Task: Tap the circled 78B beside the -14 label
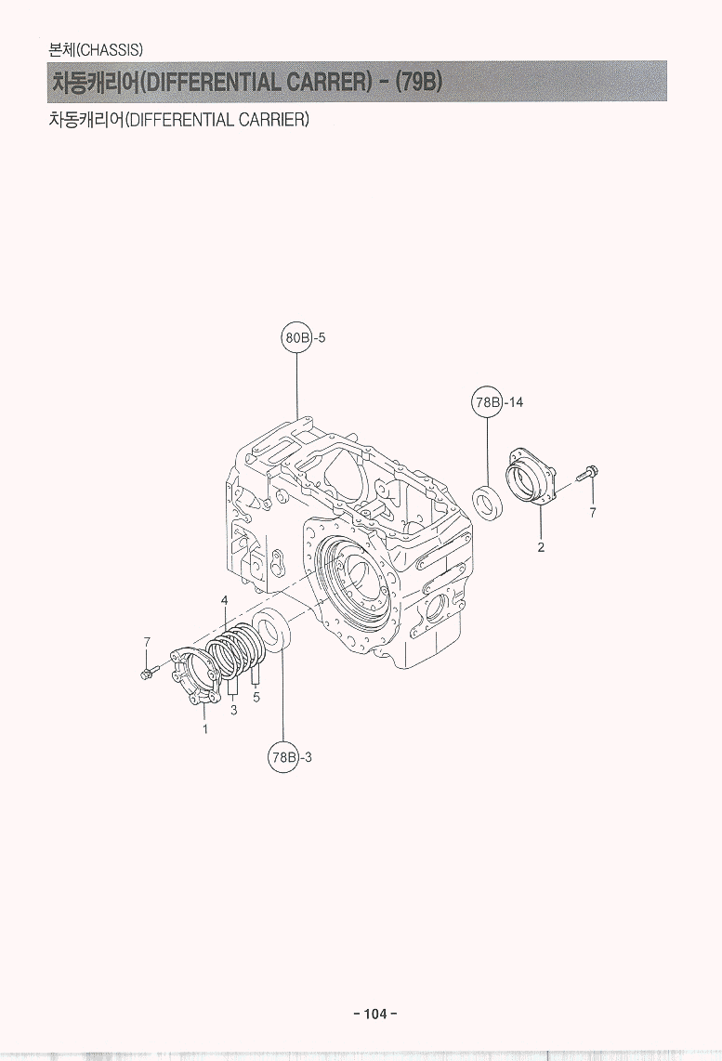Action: point(487,402)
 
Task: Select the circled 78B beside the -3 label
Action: point(283,757)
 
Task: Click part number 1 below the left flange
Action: point(205,729)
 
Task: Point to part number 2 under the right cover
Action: point(541,547)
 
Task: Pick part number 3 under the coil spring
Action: point(233,711)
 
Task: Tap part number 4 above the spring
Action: point(225,600)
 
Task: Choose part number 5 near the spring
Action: point(256,696)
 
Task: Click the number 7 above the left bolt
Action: point(146,641)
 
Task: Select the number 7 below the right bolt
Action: point(593,512)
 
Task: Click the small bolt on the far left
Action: point(150,672)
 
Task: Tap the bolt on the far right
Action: point(587,473)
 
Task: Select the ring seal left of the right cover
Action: point(487,503)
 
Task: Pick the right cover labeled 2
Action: point(532,476)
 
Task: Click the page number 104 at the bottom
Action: point(375,1014)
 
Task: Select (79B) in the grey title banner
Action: point(418,81)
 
